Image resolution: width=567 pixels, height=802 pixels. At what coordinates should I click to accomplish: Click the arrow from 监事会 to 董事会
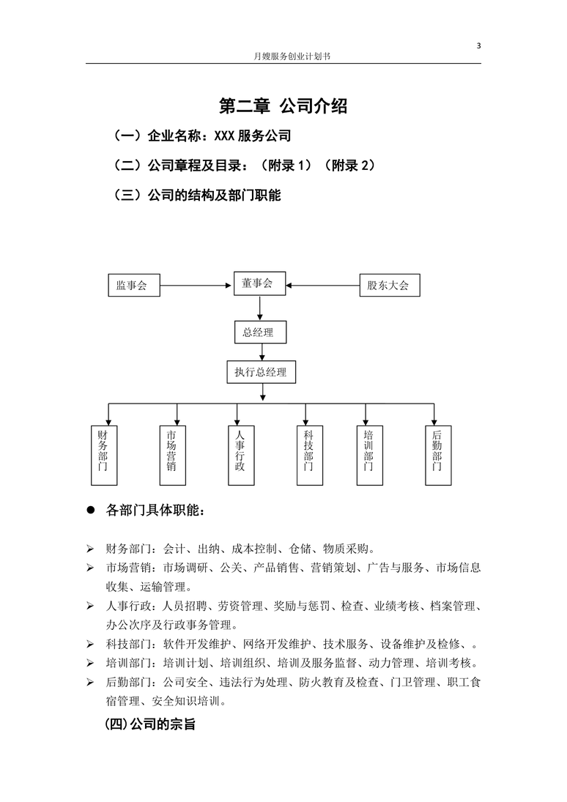click(x=196, y=286)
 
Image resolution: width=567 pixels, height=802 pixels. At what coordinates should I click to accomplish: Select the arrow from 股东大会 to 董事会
click(x=323, y=286)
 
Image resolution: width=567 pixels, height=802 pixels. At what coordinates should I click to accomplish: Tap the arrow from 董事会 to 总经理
click(x=260, y=308)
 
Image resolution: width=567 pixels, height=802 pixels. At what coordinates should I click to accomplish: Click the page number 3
click(x=479, y=45)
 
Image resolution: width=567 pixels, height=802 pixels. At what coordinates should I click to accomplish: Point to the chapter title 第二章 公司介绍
click(x=283, y=106)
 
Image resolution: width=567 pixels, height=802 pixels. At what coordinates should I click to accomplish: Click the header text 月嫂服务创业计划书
click(x=292, y=56)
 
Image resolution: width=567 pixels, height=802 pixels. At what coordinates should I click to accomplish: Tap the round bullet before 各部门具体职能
click(x=91, y=510)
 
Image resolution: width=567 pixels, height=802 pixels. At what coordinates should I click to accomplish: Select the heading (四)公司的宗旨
click(x=150, y=724)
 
